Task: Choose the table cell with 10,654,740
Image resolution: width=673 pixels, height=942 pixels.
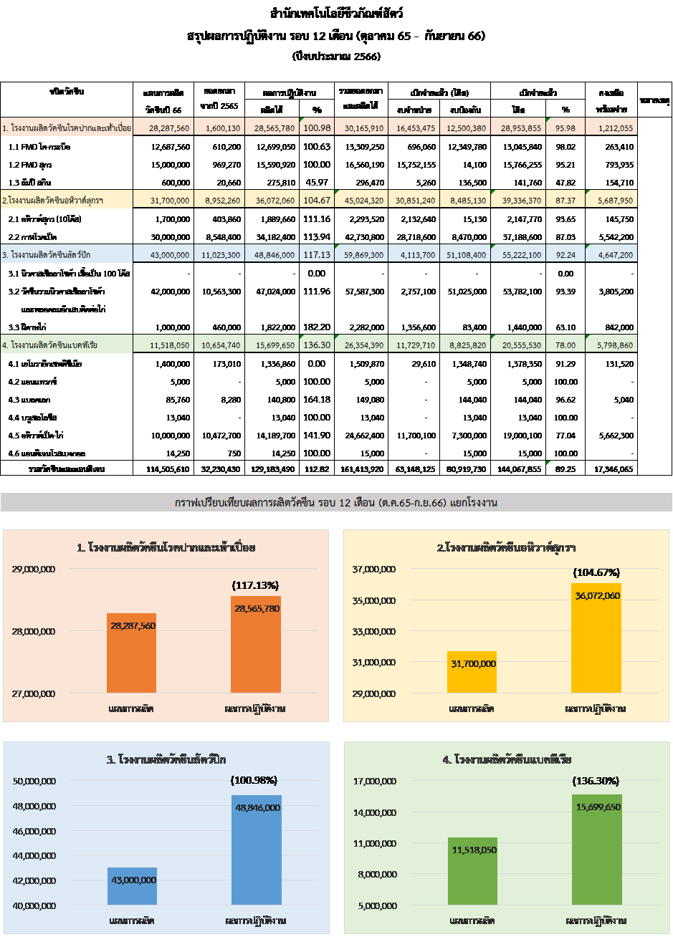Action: click(220, 345)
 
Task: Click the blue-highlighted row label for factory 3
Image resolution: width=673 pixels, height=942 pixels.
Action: click(67, 254)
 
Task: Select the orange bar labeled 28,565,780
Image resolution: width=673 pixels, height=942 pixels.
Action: click(256, 645)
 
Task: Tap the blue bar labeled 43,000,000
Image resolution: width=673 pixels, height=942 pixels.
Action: click(132, 887)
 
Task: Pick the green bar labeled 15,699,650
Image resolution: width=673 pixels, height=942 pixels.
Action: click(597, 850)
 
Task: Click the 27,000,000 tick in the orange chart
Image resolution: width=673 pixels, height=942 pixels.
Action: click(34, 693)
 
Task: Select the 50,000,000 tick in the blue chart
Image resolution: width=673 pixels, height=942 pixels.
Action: click(34, 782)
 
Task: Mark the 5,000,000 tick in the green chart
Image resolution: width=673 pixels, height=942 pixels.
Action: click(375, 905)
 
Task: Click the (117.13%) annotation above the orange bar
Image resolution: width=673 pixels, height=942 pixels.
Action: click(256, 585)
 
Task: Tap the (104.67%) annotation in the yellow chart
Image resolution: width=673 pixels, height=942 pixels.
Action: click(596, 572)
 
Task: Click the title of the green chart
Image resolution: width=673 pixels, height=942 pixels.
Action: click(507, 759)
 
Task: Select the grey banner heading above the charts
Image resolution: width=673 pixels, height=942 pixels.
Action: click(336, 503)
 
